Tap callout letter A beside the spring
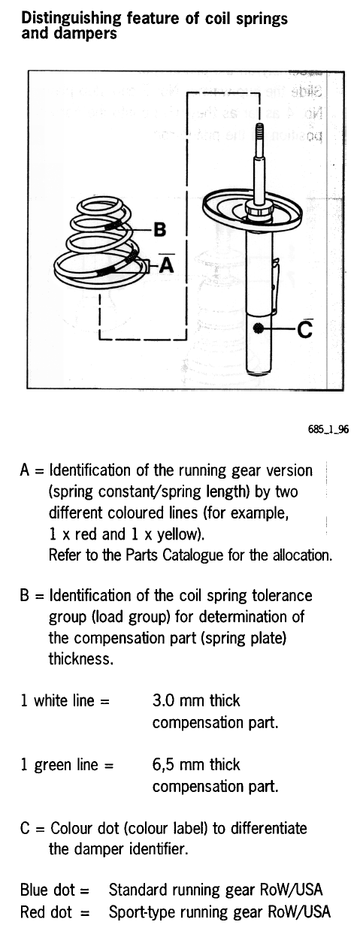pos(166,265)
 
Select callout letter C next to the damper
pos(304,330)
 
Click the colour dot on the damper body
pos(259,328)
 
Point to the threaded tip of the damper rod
pos(259,132)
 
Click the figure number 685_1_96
pos(328,429)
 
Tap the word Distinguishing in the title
pos(71,19)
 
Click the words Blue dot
pos(47,890)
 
